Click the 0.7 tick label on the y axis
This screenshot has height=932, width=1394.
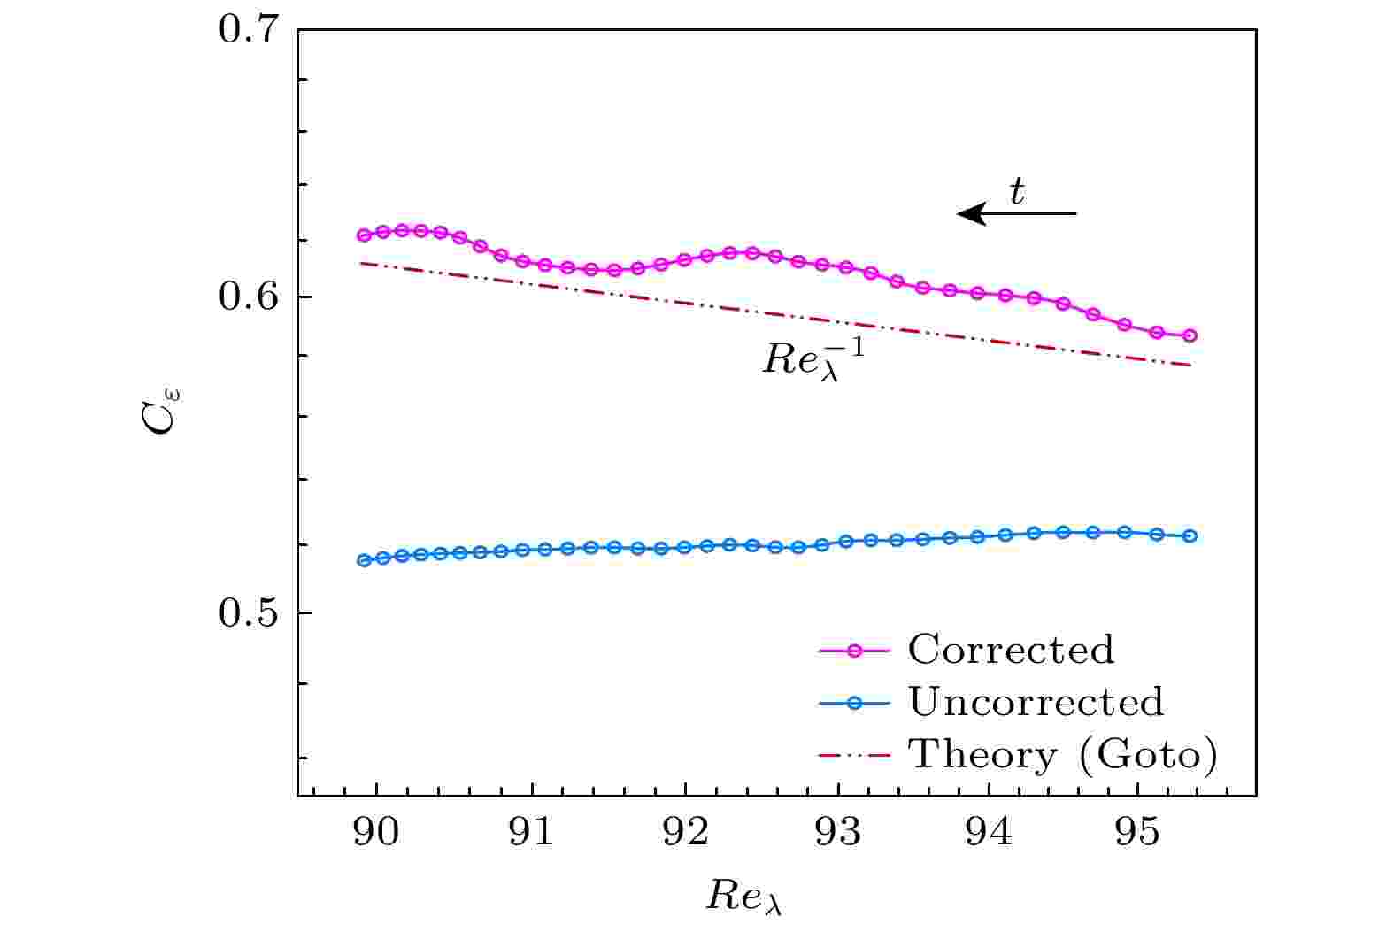tap(249, 30)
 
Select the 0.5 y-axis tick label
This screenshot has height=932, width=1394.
tap(249, 612)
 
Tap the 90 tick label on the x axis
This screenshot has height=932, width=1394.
tap(377, 834)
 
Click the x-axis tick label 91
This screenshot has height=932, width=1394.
tap(531, 834)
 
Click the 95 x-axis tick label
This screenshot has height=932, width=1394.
tap(1139, 834)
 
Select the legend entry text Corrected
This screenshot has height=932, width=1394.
tap(1011, 650)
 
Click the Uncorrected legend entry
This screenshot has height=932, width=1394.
tap(1036, 702)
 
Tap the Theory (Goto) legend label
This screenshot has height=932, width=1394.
tap(1063, 755)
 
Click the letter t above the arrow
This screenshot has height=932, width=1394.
tap(1017, 190)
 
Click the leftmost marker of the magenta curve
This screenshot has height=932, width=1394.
tap(364, 235)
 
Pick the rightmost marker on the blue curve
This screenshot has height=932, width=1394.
tap(1190, 535)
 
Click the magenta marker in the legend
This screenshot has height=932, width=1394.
tap(854, 651)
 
